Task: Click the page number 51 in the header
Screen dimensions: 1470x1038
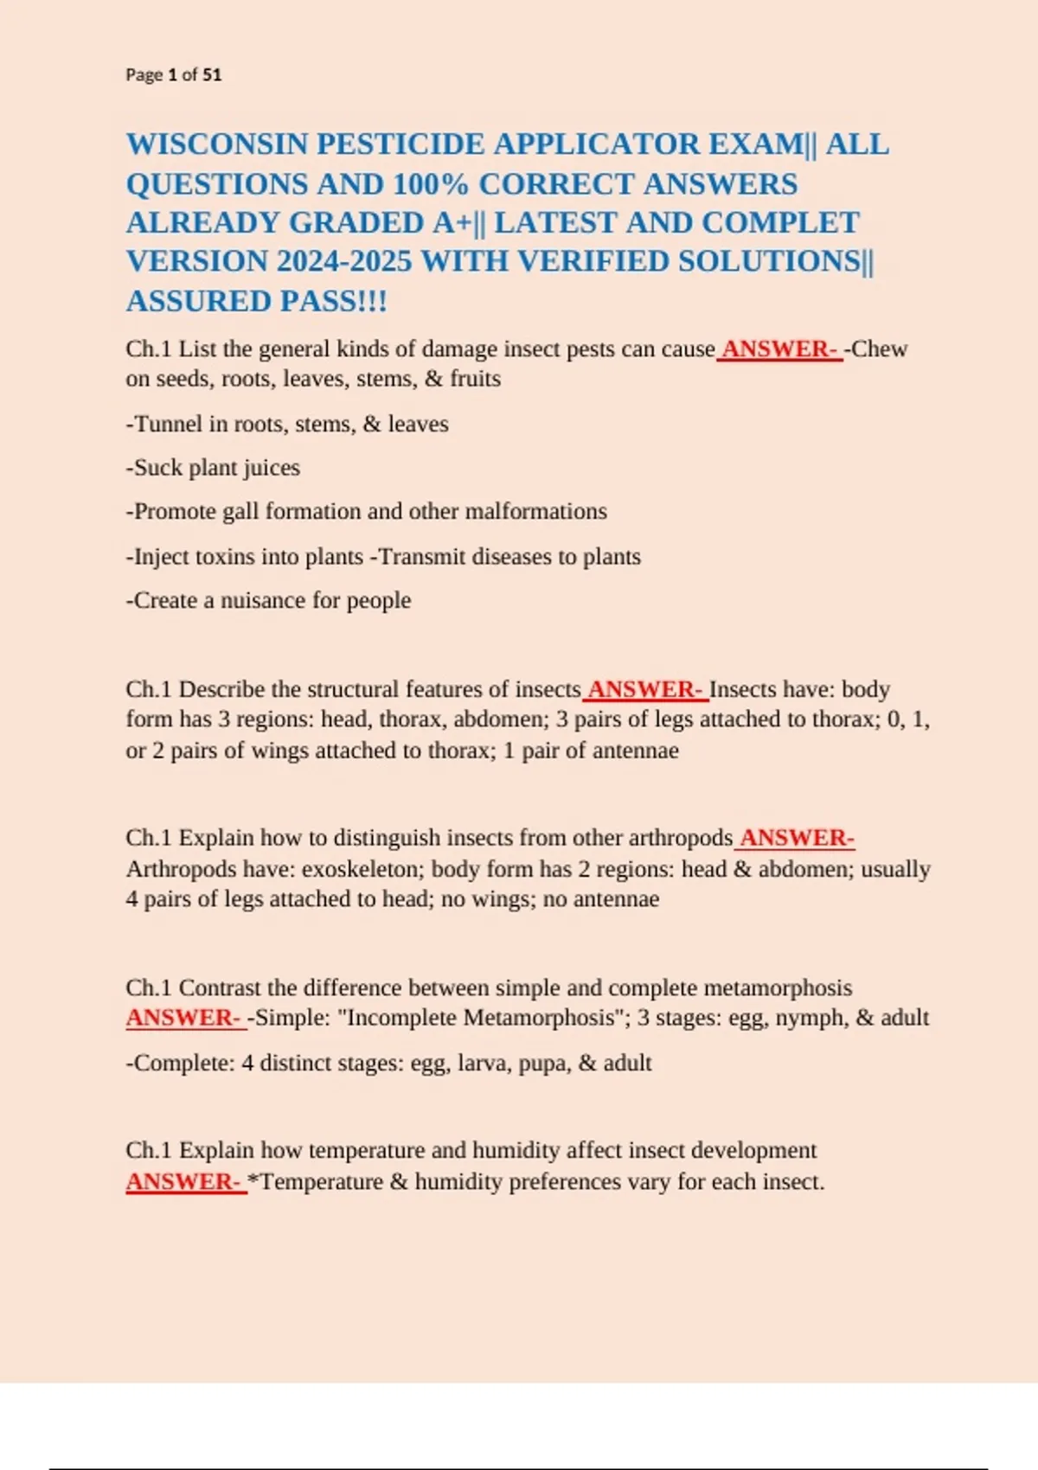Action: pyautogui.click(x=212, y=75)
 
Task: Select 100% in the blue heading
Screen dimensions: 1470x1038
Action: pyautogui.click(x=430, y=184)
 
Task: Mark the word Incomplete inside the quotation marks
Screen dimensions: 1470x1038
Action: pyautogui.click(x=401, y=1018)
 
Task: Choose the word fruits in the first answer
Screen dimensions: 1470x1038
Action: pyautogui.click(x=475, y=379)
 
